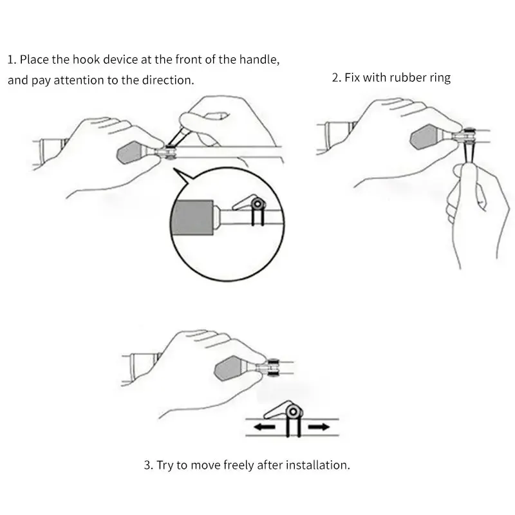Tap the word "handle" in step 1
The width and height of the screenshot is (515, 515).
[259, 60]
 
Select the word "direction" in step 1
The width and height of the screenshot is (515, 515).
[168, 80]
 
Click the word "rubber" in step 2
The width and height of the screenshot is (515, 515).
[409, 77]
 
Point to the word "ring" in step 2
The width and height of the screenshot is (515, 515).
[440, 78]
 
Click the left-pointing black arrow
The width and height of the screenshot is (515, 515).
[265, 427]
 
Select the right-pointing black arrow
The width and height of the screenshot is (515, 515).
[319, 427]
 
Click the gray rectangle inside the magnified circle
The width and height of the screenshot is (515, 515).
[192, 217]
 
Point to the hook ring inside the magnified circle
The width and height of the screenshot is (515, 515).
[258, 204]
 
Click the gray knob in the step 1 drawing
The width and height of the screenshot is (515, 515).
[131, 153]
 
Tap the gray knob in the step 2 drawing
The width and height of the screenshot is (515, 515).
[426, 136]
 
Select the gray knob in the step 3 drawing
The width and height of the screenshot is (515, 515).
[230, 368]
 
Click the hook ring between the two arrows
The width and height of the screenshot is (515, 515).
[294, 412]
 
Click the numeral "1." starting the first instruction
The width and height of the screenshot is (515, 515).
[12, 60]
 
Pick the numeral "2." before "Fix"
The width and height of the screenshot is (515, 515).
[337, 78]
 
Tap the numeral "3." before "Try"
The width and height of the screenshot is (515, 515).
[149, 465]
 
